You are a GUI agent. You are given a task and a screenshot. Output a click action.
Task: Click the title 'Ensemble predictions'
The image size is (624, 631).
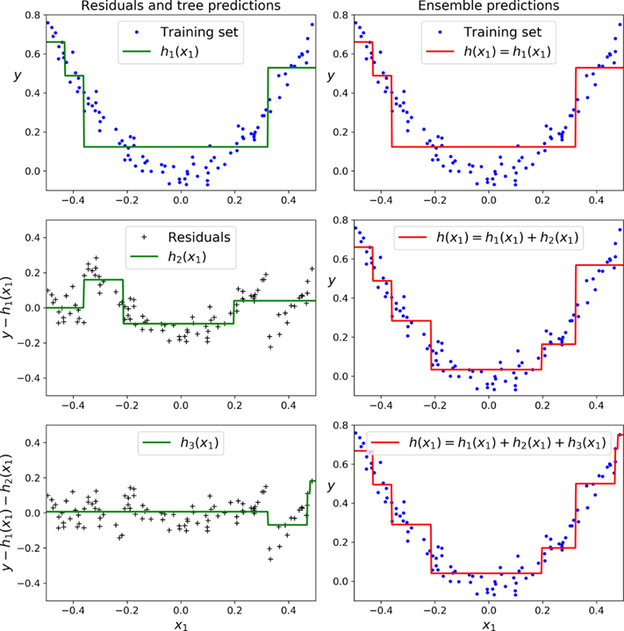490,6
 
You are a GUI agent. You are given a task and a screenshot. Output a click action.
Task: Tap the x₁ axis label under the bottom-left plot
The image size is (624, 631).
181,623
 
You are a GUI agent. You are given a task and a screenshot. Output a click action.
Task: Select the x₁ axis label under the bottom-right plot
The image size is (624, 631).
490,623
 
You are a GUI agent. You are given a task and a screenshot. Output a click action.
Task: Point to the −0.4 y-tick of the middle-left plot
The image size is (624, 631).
26,377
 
